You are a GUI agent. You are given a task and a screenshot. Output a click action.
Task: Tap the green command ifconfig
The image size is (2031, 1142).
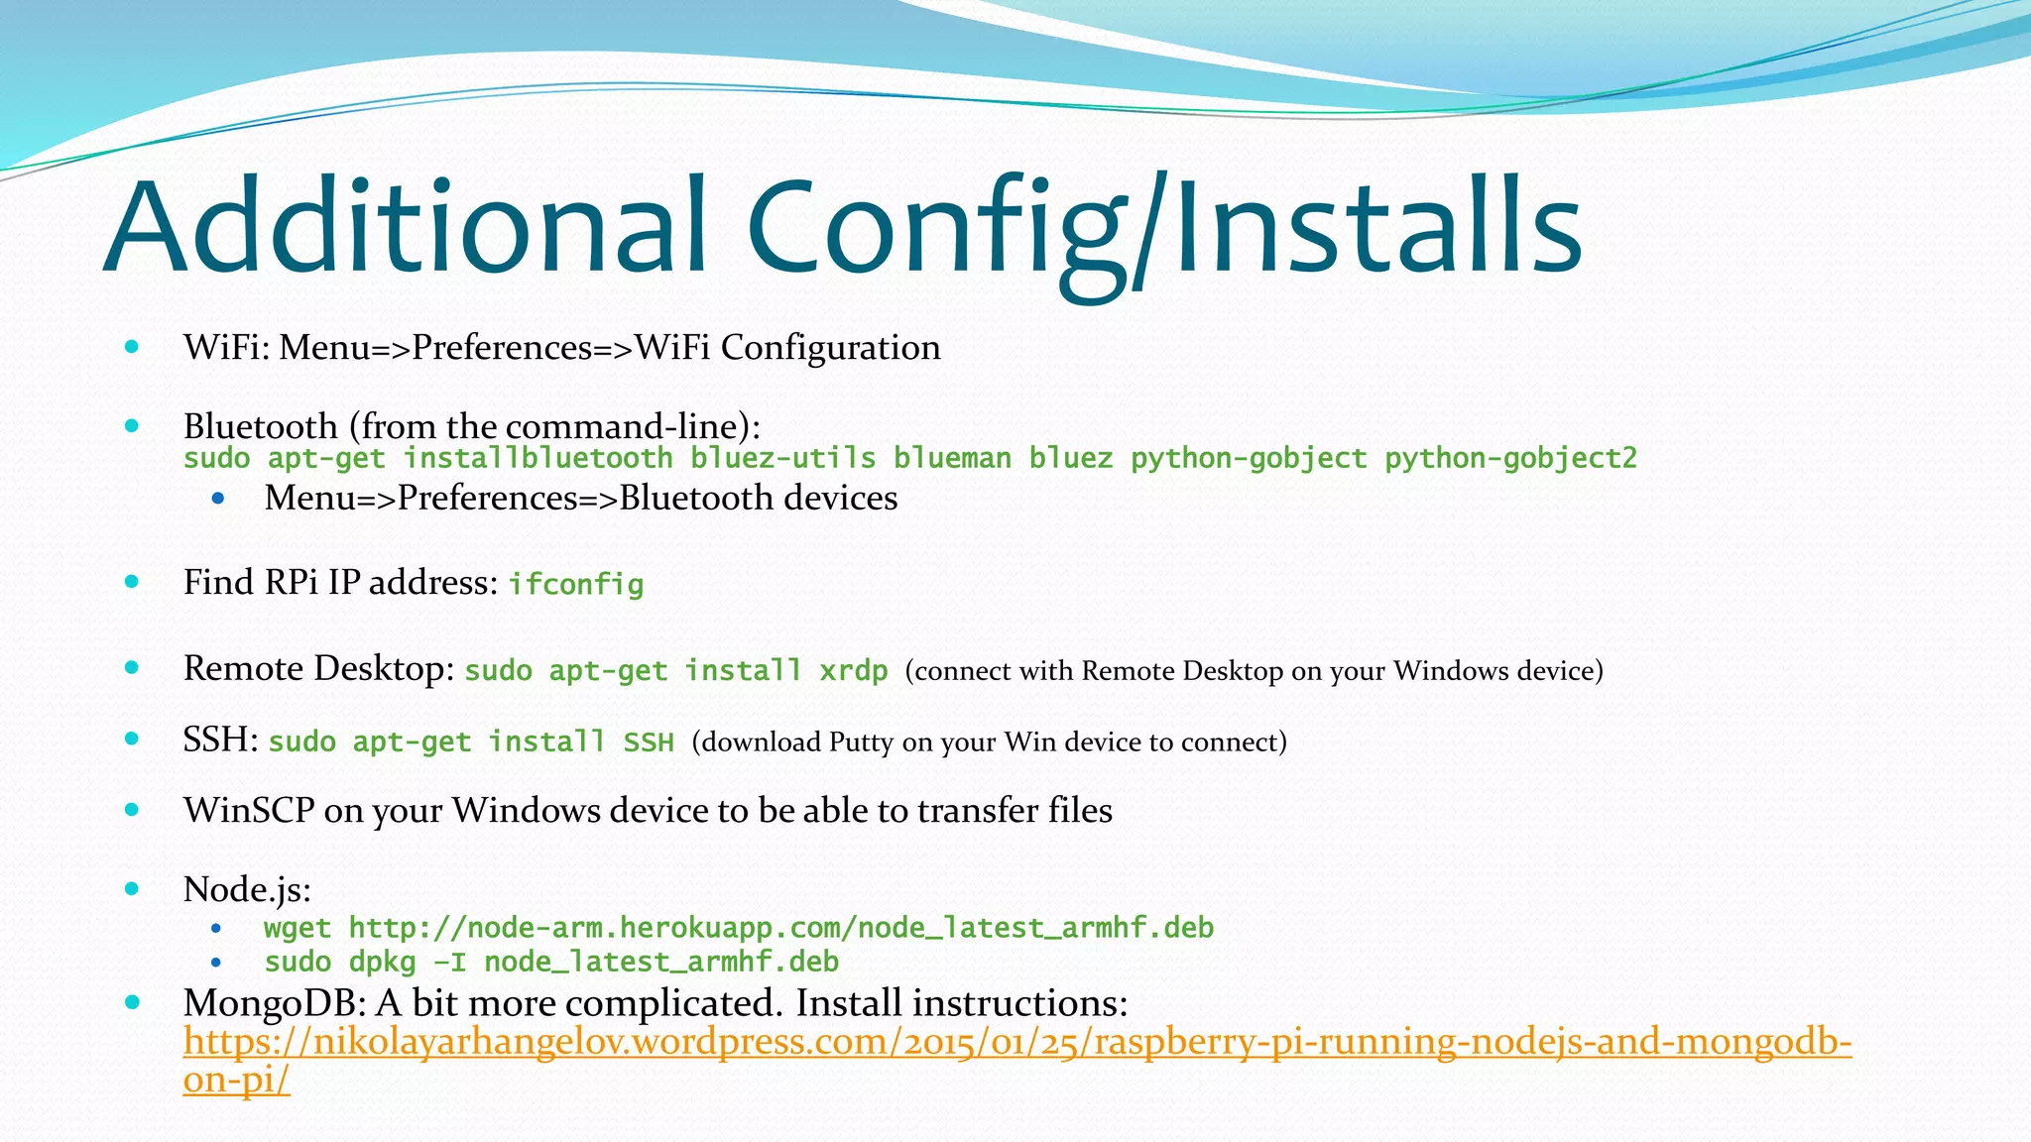pyautogui.click(x=576, y=584)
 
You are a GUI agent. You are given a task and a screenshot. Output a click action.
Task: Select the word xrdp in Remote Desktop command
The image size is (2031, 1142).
pyautogui.click(x=853, y=671)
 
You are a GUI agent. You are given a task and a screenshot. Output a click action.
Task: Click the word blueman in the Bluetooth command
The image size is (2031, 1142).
pyautogui.click(x=952, y=458)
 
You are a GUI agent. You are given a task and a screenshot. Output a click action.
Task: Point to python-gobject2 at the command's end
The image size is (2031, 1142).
pyautogui.click(x=1510, y=458)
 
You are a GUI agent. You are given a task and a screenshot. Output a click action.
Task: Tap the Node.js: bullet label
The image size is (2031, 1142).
pyautogui.click(x=247, y=889)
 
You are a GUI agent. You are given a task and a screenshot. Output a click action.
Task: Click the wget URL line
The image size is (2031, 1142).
pyautogui.click(x=739, y=928)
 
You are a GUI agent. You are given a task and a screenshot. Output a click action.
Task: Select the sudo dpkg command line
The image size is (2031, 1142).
pyautogui.click(x=551, y=962)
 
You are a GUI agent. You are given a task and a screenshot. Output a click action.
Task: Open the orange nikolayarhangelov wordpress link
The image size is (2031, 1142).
pyautogui.click(x=1016, y=1042)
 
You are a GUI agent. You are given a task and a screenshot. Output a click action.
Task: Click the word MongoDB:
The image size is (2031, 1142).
pyautogui.click(x=275, y=1003)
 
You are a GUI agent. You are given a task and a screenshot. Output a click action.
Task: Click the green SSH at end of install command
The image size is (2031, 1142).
pyautogui.click(x=649, y=742)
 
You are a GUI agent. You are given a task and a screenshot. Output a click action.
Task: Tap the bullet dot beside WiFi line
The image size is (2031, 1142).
pyautogui.click(x=132, y=347)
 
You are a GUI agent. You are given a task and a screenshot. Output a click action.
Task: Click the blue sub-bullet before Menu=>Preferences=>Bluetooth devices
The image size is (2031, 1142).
pyautogui.click(x=217, y=498)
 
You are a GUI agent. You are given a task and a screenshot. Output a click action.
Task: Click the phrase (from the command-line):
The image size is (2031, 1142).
pyautogui.click(x=554, y=426)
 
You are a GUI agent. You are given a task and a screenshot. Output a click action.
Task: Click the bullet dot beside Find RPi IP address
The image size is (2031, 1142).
pyautogui.click(x=132, y=582)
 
